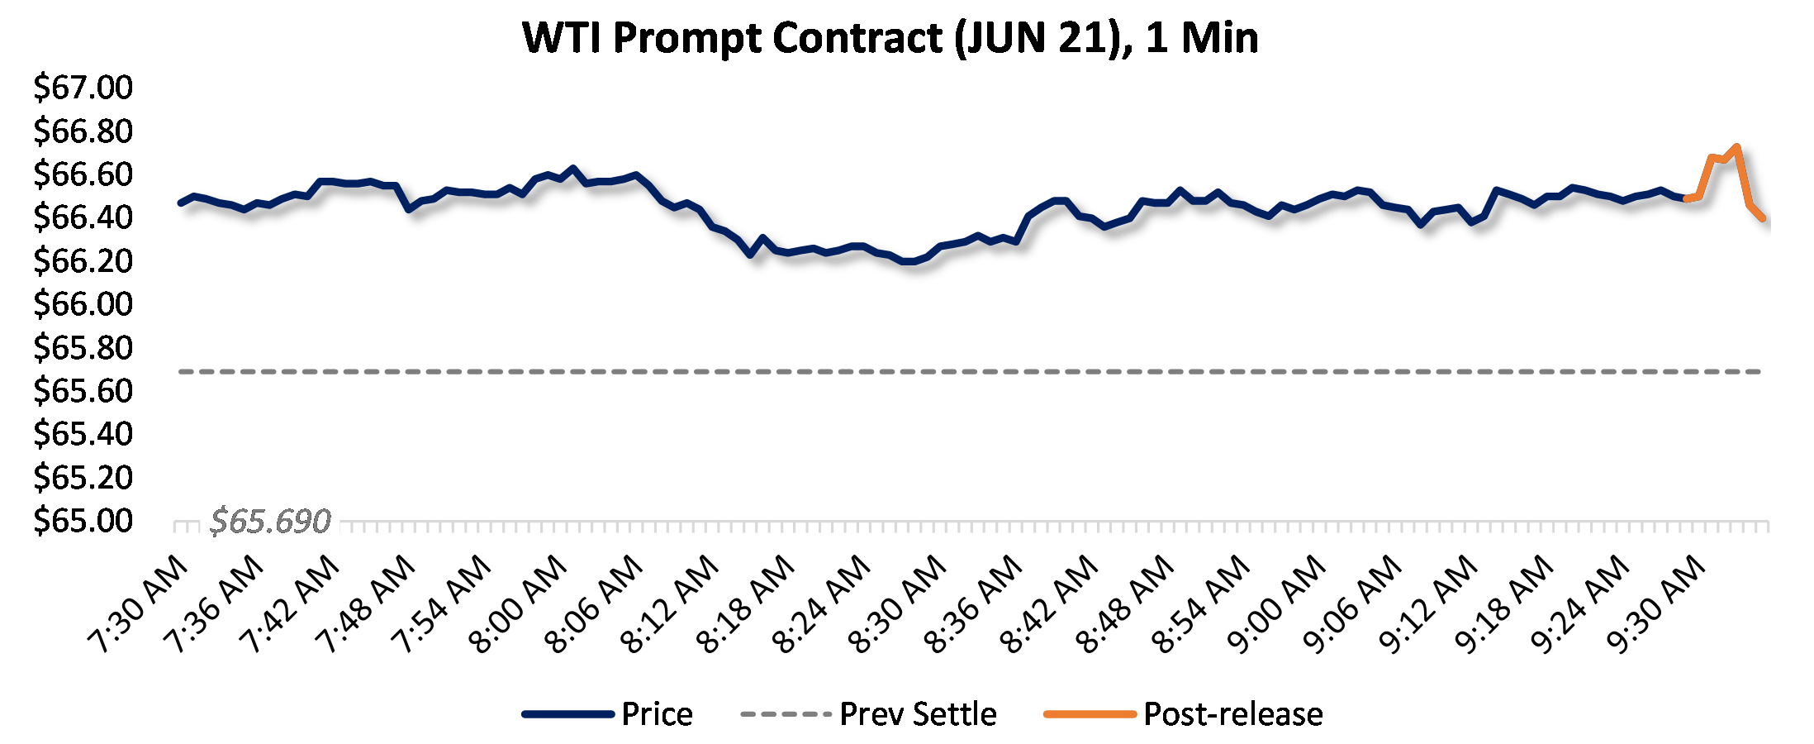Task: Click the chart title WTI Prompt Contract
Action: (x=890, y=38)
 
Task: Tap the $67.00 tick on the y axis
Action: (x=83, y=88)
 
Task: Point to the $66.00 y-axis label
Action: (x=83, y=304)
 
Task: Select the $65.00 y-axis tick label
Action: (x=83, y=521)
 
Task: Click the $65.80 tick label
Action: (x=83, y=348)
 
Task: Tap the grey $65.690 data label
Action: (x=270, y=522)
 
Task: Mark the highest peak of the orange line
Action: (x=1737, y=147)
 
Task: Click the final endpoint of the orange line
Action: (x=1763, y=218)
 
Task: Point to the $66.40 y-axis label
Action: (x=83, y=217)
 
